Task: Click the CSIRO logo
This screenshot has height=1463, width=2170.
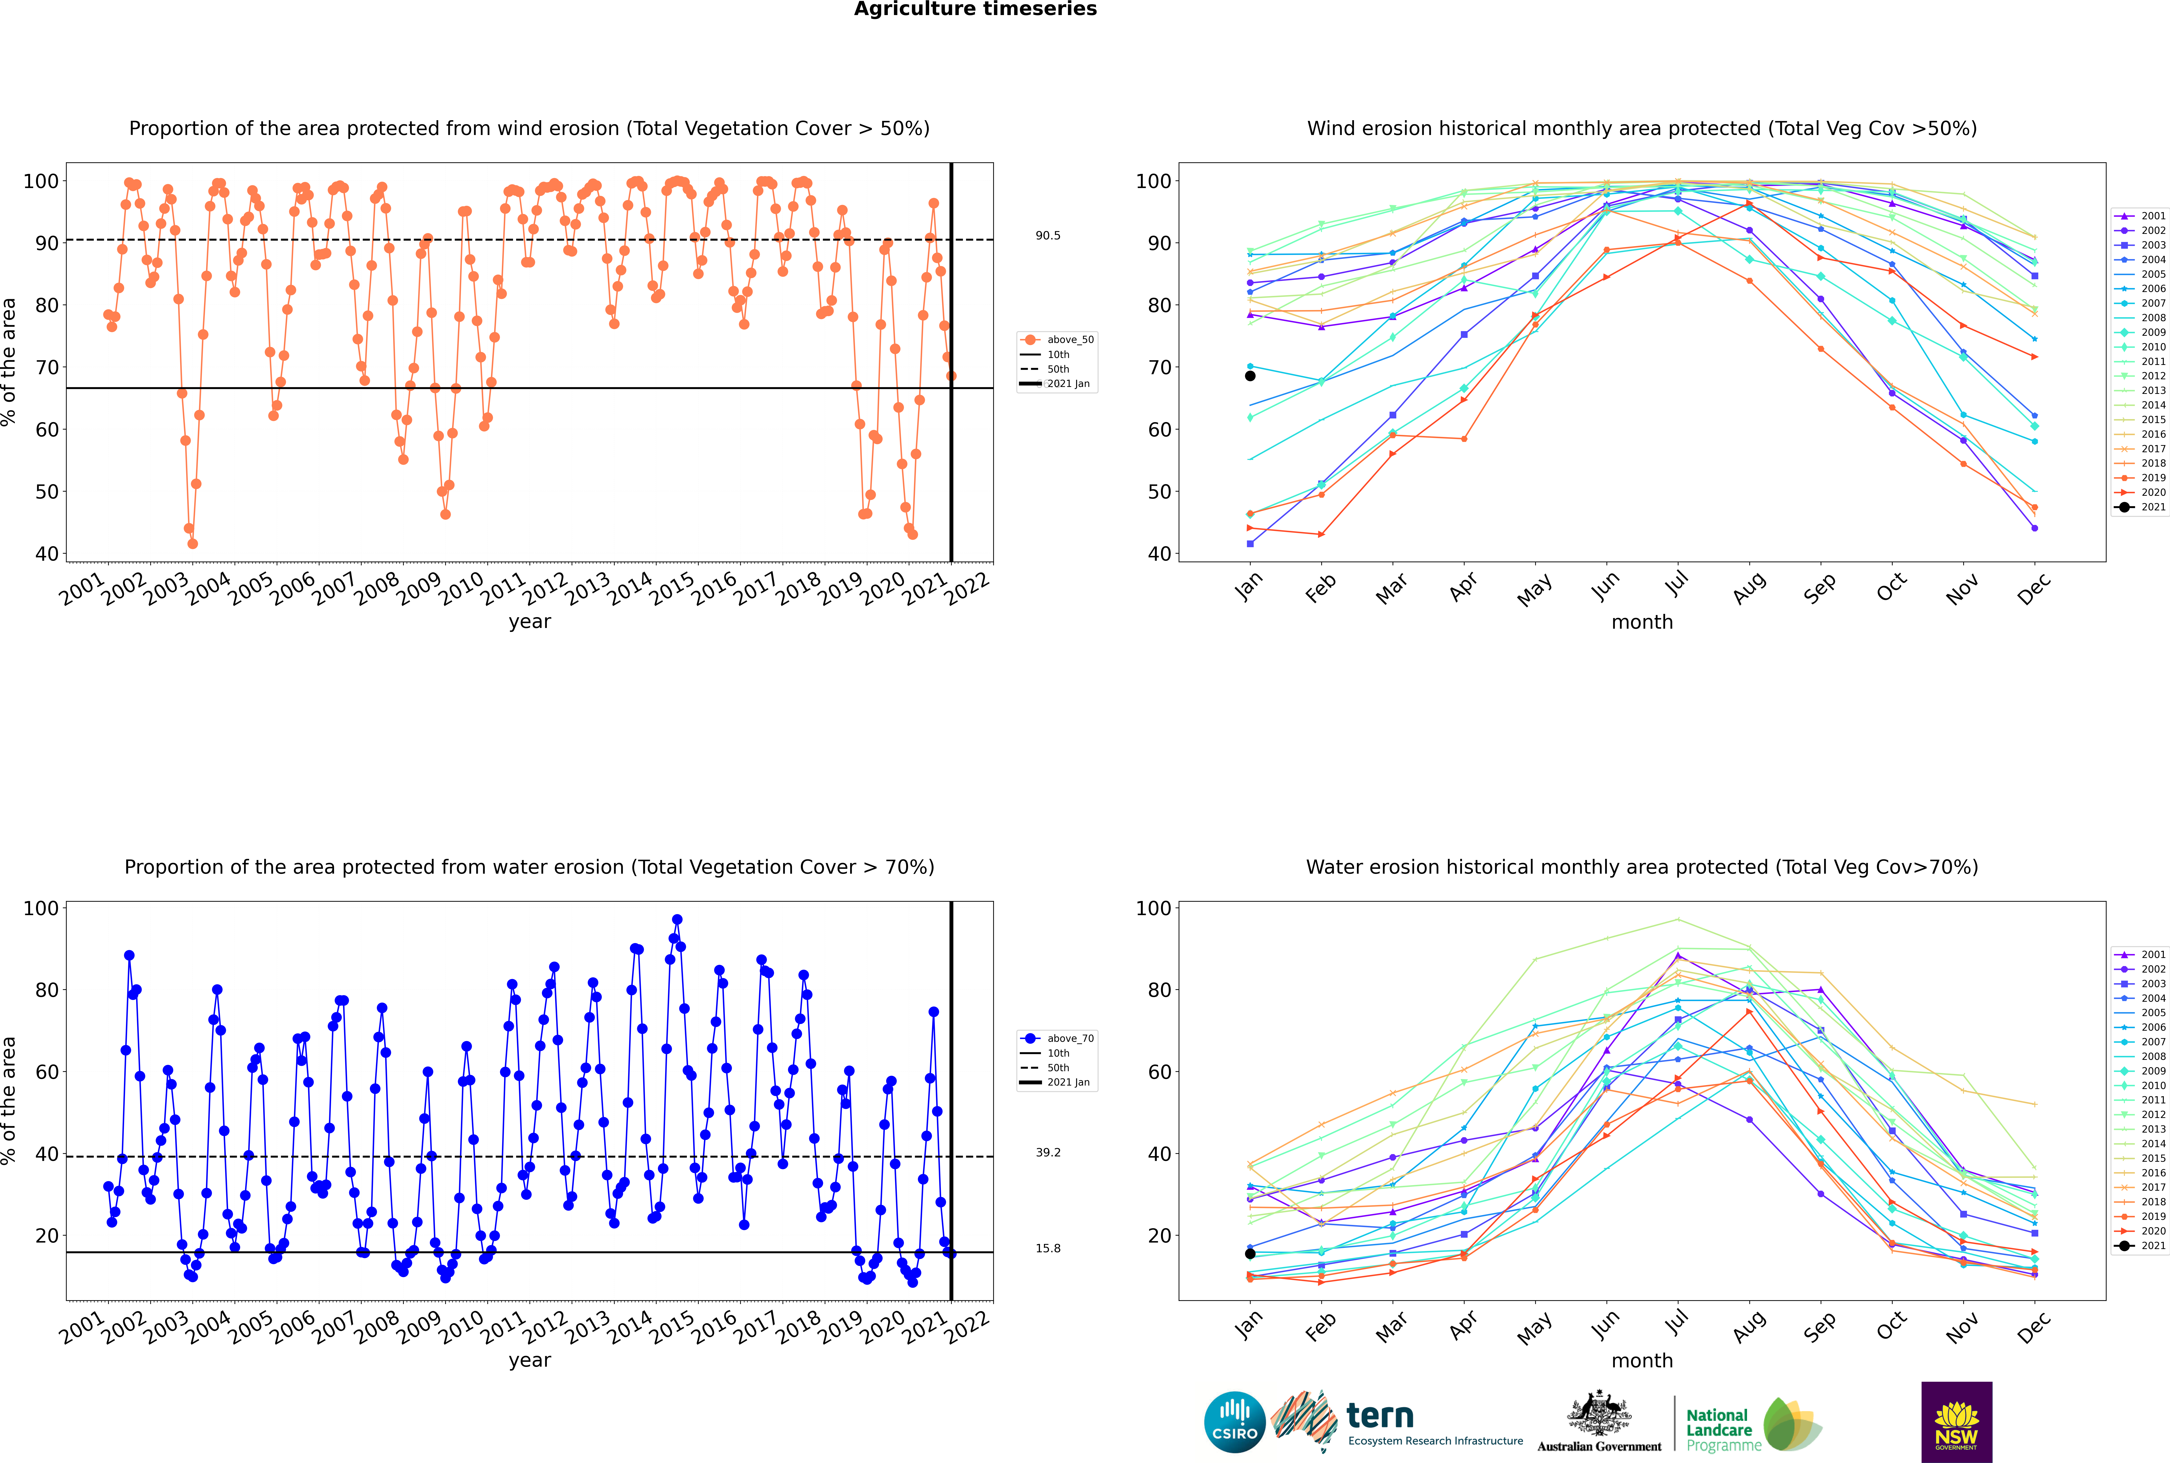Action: point(1234,1422)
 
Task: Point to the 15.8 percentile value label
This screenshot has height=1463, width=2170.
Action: point(1048,1248)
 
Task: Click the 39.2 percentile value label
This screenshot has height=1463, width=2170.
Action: point(1048,1152)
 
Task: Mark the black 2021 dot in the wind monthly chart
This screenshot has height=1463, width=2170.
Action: point(1250,376)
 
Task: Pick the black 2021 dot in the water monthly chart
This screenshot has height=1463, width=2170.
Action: point(1250,1253)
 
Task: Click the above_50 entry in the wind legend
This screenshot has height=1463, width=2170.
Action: point(1057,340)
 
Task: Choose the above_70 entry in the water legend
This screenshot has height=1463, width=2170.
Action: point(1057,1039)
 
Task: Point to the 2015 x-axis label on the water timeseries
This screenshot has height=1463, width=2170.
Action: point(672,1328)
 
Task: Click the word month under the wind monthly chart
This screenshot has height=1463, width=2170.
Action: point(1642,622)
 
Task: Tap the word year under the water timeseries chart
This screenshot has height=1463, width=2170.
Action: point(530,1361)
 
